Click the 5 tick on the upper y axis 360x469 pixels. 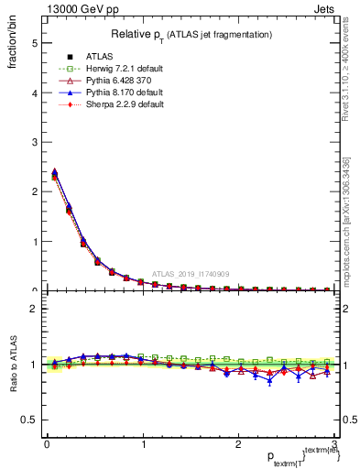click(x=34, y=43)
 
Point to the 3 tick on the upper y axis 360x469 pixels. click(x=34, y=142)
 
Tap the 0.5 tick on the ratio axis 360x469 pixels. click(x=30, y=420)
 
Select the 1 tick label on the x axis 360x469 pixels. click(x=142, y=444)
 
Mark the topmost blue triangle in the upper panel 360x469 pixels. click(x=54, y=171)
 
